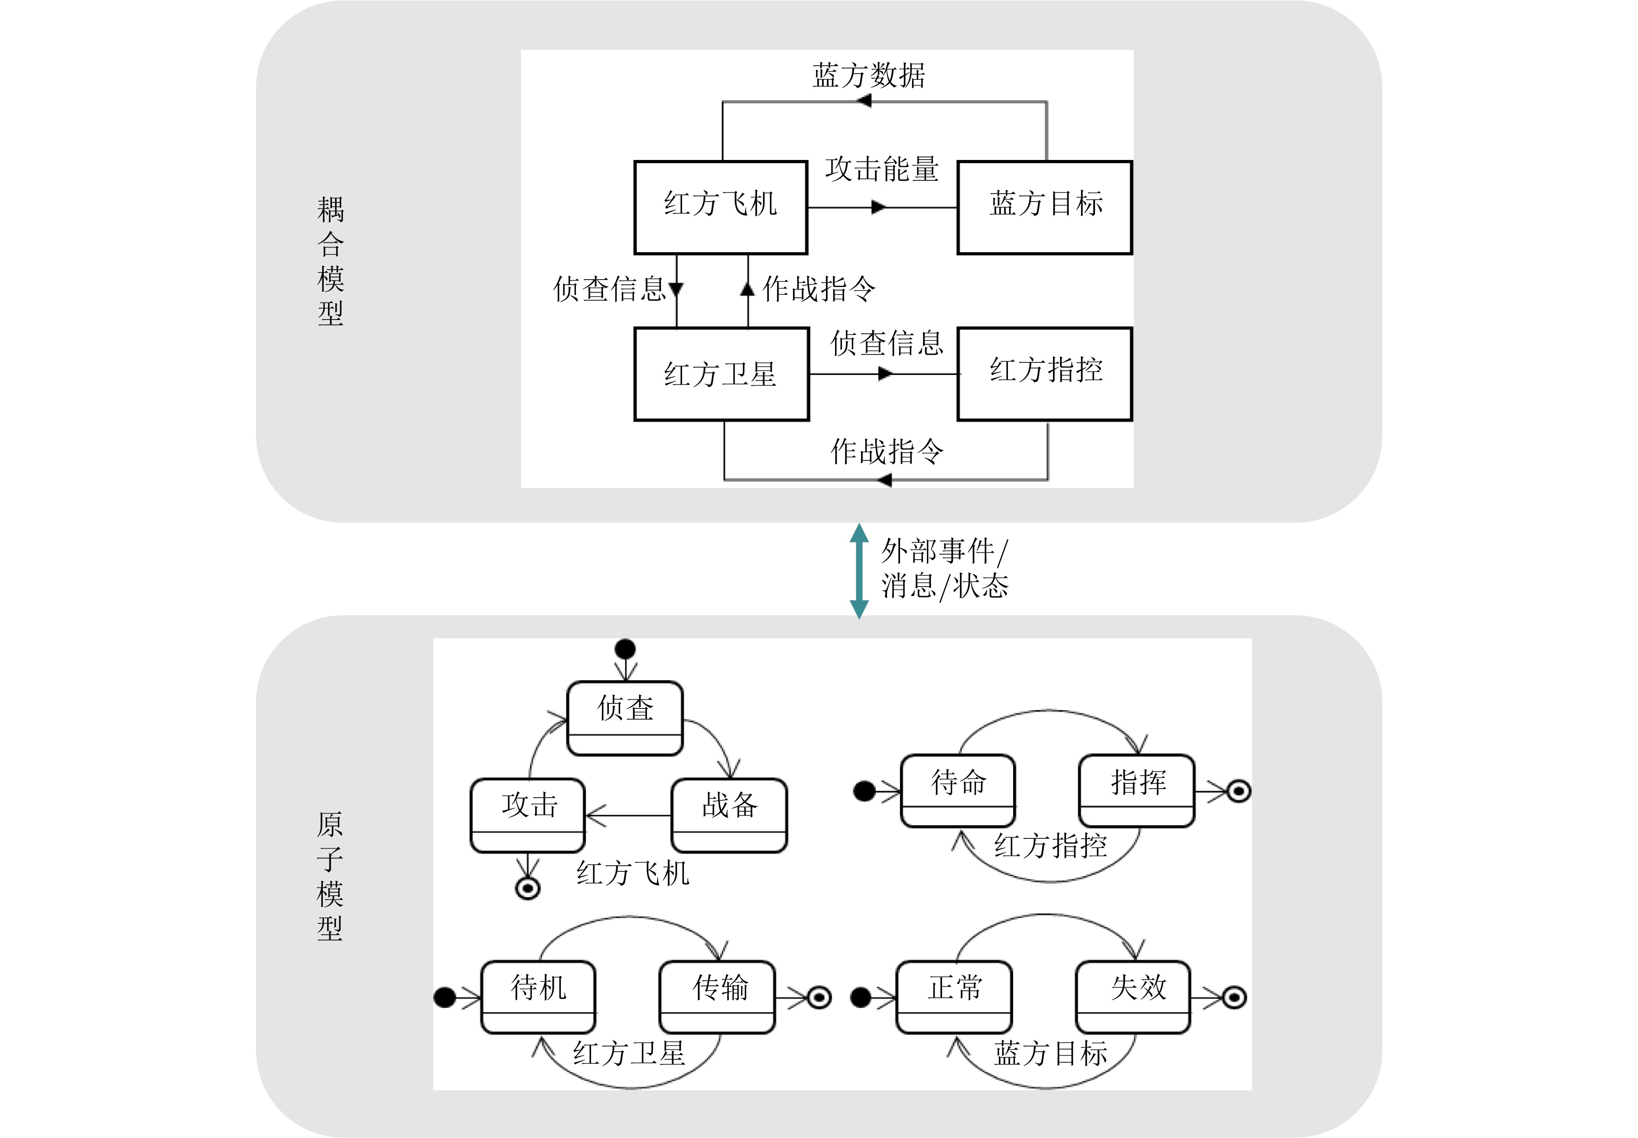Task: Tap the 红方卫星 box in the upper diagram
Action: [x=721, y=374]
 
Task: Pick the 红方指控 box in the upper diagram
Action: [x=1044, y=374]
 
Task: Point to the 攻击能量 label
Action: [x=882, y=170]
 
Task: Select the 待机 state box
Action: [x=538, y=996]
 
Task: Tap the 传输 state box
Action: [x=717, y=996]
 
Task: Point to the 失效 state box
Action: [x=1133, y=996]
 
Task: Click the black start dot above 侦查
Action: [x=625, y=649]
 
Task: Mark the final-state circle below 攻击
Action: [x=527, y=888]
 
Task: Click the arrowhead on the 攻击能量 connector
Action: [x=879, y=208]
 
